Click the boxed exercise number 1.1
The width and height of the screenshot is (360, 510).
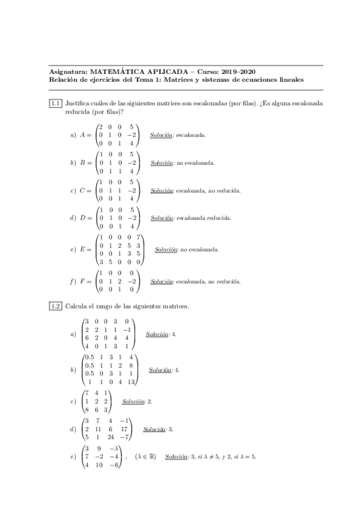point(55,103)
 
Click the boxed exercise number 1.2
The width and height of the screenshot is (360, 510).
point(55,306)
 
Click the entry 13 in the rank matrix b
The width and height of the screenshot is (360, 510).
point(130,382)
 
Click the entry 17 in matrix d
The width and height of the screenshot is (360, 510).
point(124,430)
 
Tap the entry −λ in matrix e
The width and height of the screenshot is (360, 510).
point(112,448)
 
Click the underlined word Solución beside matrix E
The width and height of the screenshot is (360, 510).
point(165,249)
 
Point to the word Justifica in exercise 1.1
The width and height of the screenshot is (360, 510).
point(77,103)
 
